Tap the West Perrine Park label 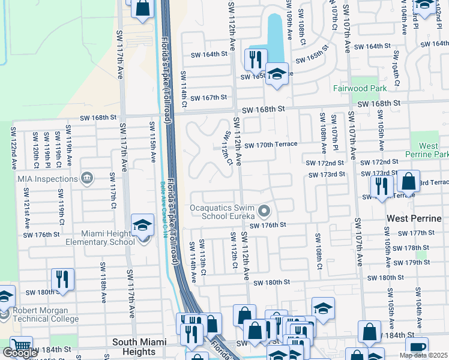pos(428,150)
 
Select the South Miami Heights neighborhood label pos(143,342)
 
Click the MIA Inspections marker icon pos(87,178)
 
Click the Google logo pos(20,353)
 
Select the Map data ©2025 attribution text pos(423,355)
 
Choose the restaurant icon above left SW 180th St pos(62,278)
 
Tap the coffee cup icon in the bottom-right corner pos(417,347)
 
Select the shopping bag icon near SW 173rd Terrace pos(408,180)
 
